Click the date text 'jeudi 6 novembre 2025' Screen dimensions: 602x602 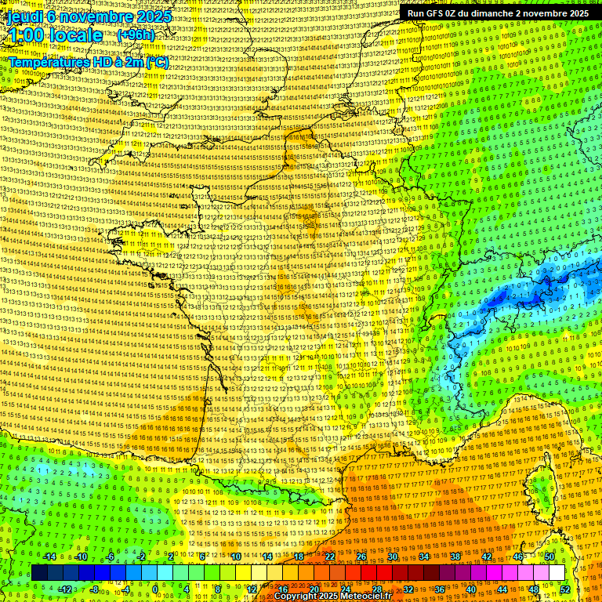point(82,16)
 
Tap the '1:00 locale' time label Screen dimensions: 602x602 point(56,35)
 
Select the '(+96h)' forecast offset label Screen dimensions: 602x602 point(136,35)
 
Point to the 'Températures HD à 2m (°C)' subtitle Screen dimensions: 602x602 point(89,62)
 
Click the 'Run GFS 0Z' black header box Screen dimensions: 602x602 point(498,13)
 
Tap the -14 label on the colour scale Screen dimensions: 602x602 point(49,557)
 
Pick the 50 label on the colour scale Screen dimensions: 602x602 point(549,557)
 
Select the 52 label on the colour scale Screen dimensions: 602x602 point(564,589)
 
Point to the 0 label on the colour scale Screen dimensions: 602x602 point(155,589)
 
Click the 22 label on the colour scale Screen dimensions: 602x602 point(330,557)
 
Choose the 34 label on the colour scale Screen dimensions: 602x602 point(424,557)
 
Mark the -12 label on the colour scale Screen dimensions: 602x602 point(65,589)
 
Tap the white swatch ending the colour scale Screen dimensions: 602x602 point(557,573)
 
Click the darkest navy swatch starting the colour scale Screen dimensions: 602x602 point(39,573)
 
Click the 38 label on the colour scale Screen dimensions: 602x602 point(455,557)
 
